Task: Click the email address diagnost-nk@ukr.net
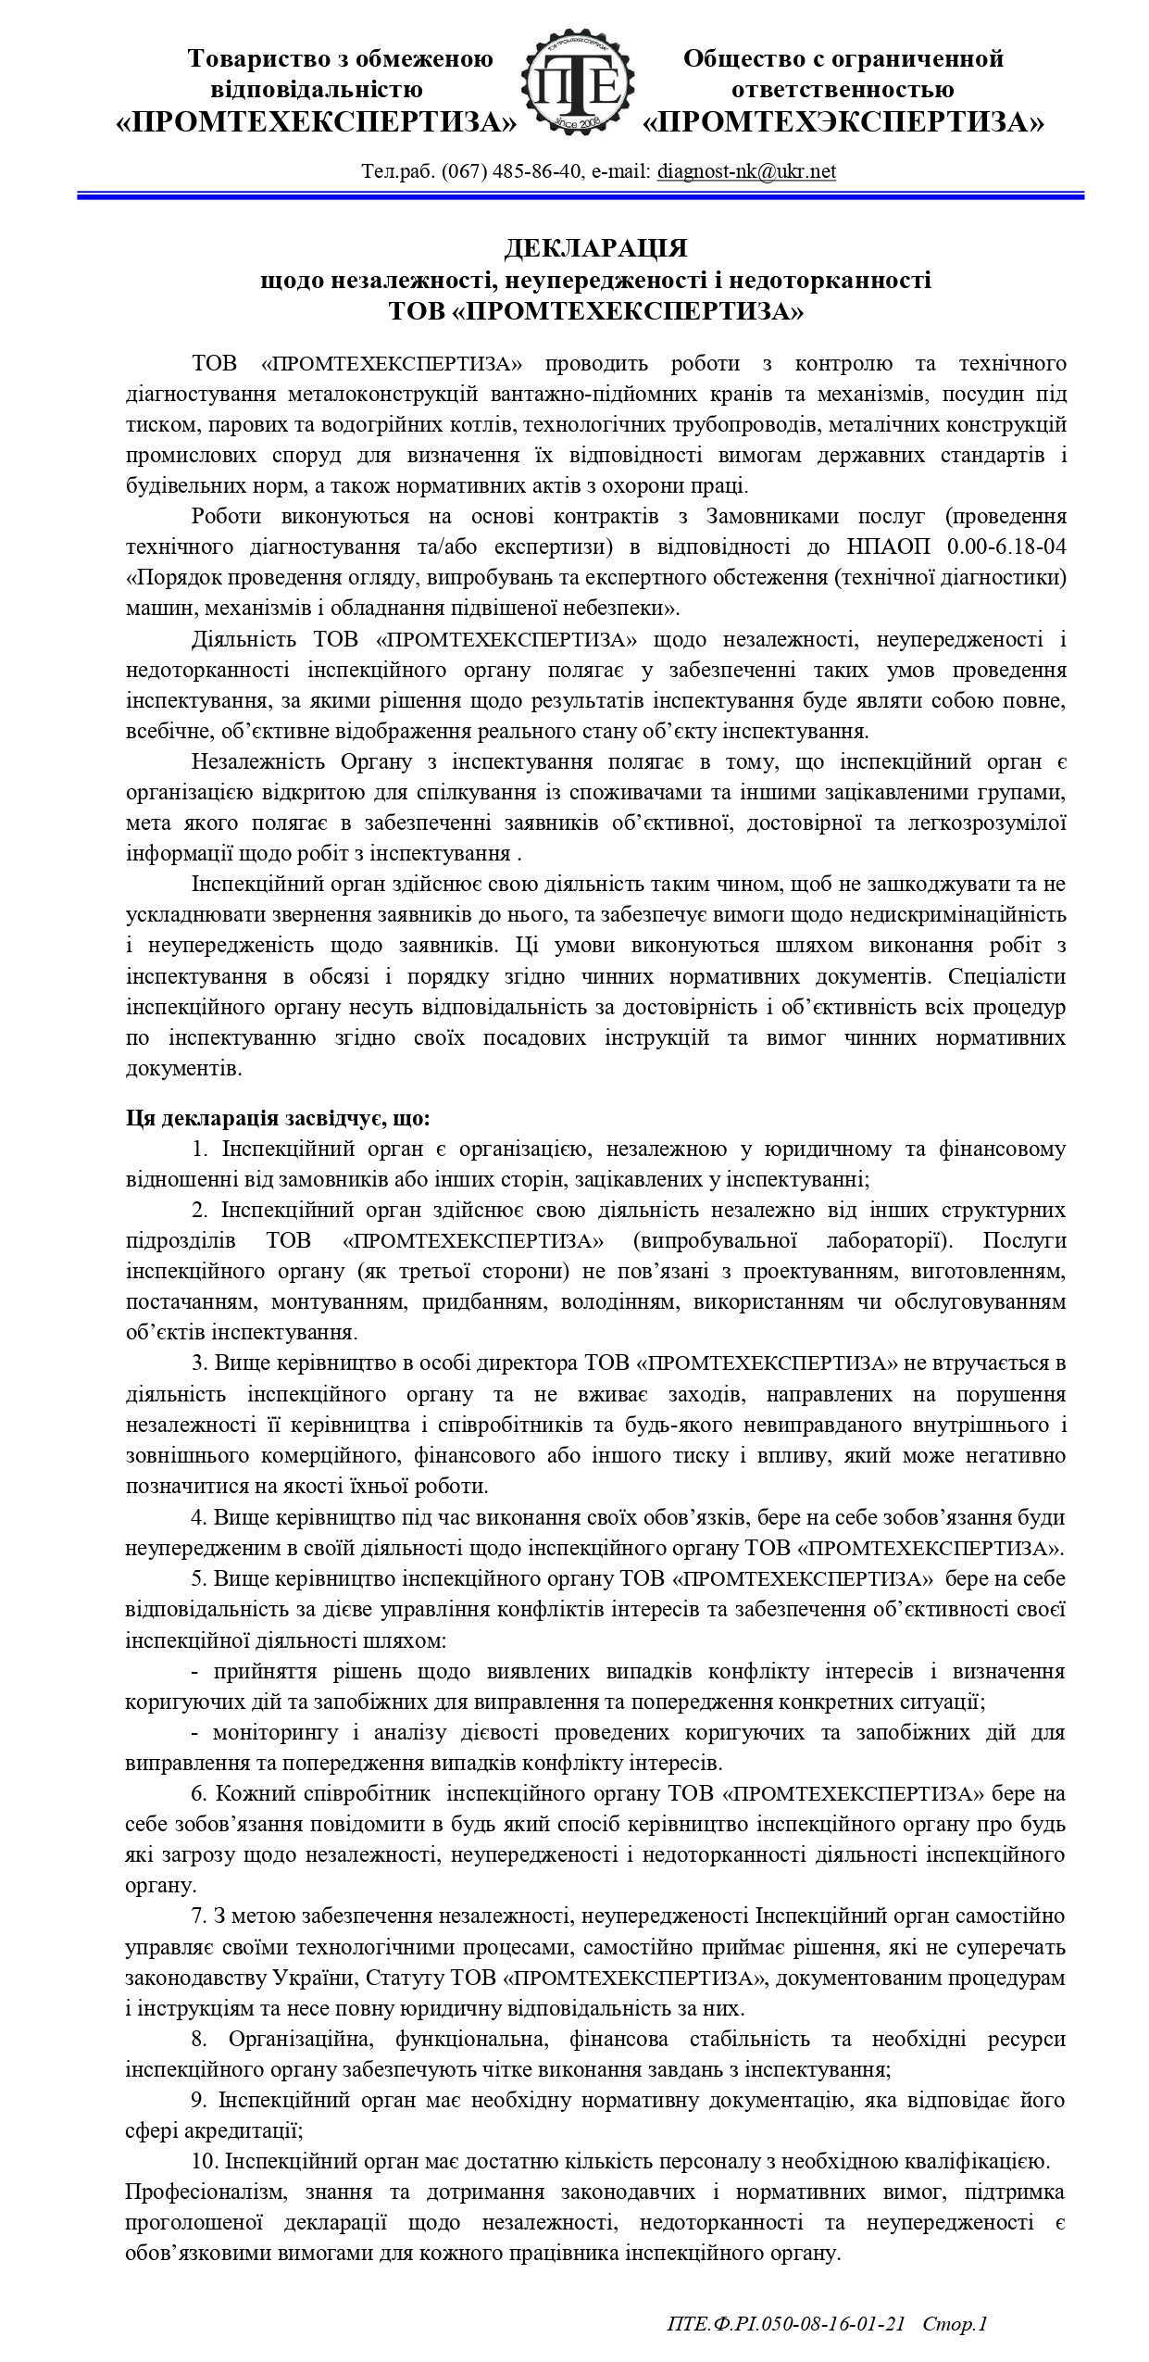(x=746, y=171)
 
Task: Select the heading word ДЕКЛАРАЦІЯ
(x=595, y=248)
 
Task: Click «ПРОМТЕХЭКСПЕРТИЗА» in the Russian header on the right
(x=843, y=122)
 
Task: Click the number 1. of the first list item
(x=200, y=1150)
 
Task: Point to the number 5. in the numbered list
(x=200, y=1577)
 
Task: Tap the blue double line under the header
(x=580, y=195)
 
